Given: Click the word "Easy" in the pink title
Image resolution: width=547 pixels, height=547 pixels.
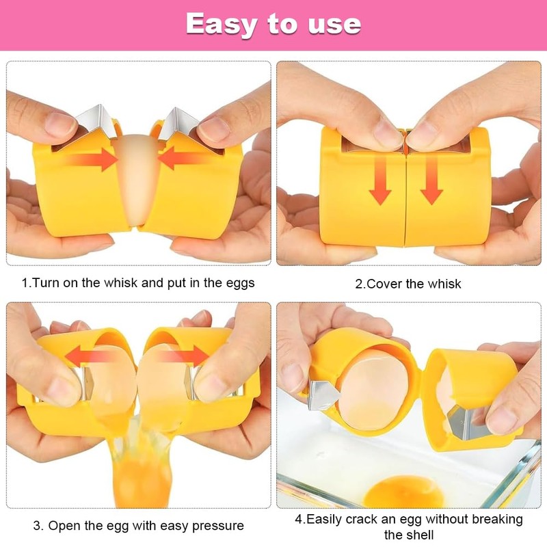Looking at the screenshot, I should tap(222, 24).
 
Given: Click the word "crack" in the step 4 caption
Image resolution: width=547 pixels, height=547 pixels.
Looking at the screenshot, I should tap(373, 519).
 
